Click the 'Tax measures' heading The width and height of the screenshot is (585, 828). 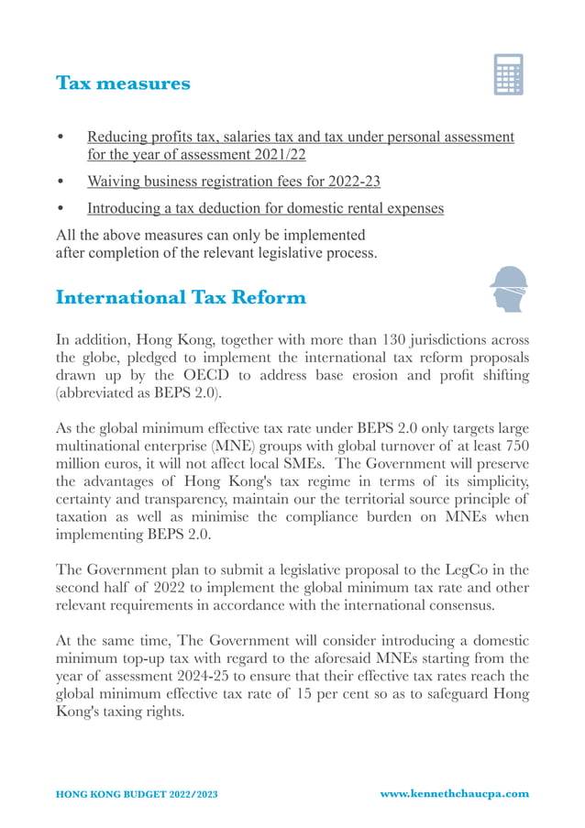[x=123, y=83]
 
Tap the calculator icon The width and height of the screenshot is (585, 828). [x=508, y=74]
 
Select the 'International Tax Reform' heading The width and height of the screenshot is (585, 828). [x=181, y=298]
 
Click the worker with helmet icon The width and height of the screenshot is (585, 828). [x=508, y=290]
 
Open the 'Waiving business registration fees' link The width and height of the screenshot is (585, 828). [x=233, y=182]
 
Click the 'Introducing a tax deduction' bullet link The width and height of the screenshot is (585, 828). [x=265, y=208]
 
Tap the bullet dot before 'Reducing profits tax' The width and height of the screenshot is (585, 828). [x=61, y=138]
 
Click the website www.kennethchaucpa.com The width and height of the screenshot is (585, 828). [x=454, y=793]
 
